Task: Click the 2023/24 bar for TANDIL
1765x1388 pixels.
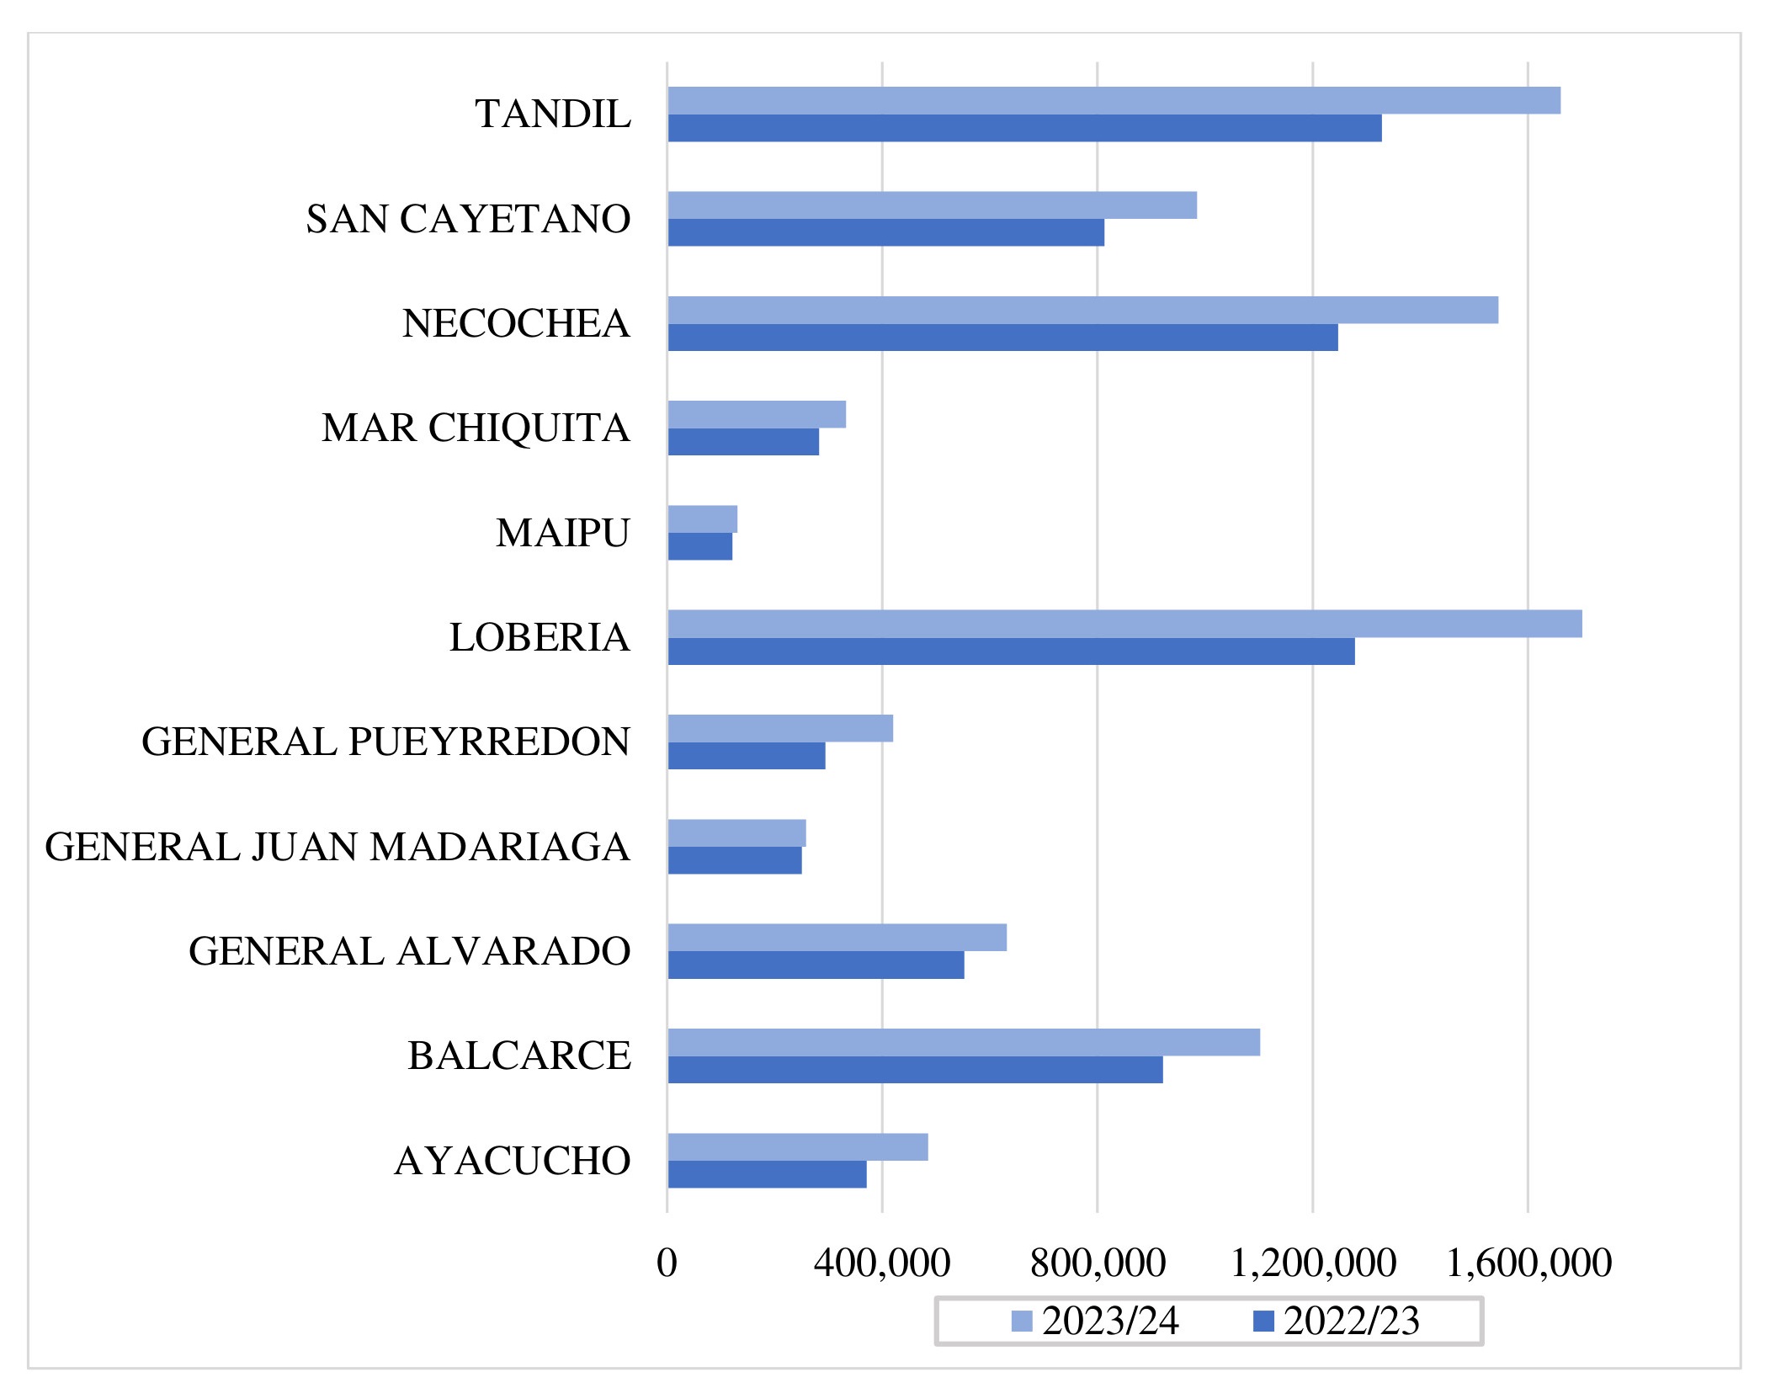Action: click(1114, 100)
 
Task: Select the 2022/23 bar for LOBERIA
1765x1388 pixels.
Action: click(1011, 651)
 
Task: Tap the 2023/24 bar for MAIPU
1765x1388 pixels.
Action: click(702, 519)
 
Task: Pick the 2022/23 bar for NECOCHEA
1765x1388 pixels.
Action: click(1002, 338)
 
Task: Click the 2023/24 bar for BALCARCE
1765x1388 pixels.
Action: click(964, 1042)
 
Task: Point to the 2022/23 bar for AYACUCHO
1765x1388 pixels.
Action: click(767, 1174)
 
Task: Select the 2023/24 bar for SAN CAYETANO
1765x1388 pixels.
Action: click(932, 205)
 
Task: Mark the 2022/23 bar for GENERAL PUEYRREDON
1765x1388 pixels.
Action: click(747, 756)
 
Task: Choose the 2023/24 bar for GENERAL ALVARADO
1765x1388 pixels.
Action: click(837, 938)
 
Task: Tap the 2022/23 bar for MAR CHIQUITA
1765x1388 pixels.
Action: click(743, 442)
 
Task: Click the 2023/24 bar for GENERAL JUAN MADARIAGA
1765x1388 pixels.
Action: click(736, 833)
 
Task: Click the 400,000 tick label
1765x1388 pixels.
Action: click(881, 1263)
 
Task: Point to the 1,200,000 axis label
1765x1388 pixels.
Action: click(1313, 1263)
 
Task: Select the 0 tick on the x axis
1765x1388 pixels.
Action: click(667, 1263)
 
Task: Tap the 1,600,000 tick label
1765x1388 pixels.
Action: click(1528, 1263)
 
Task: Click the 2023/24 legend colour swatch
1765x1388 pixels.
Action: click(1021, 1321)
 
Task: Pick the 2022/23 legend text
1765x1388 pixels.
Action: click(1351, 1321)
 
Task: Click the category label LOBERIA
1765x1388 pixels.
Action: click(540, 637)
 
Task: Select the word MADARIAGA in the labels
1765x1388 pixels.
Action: click(500, 847)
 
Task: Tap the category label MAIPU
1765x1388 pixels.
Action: click(562, 533)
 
